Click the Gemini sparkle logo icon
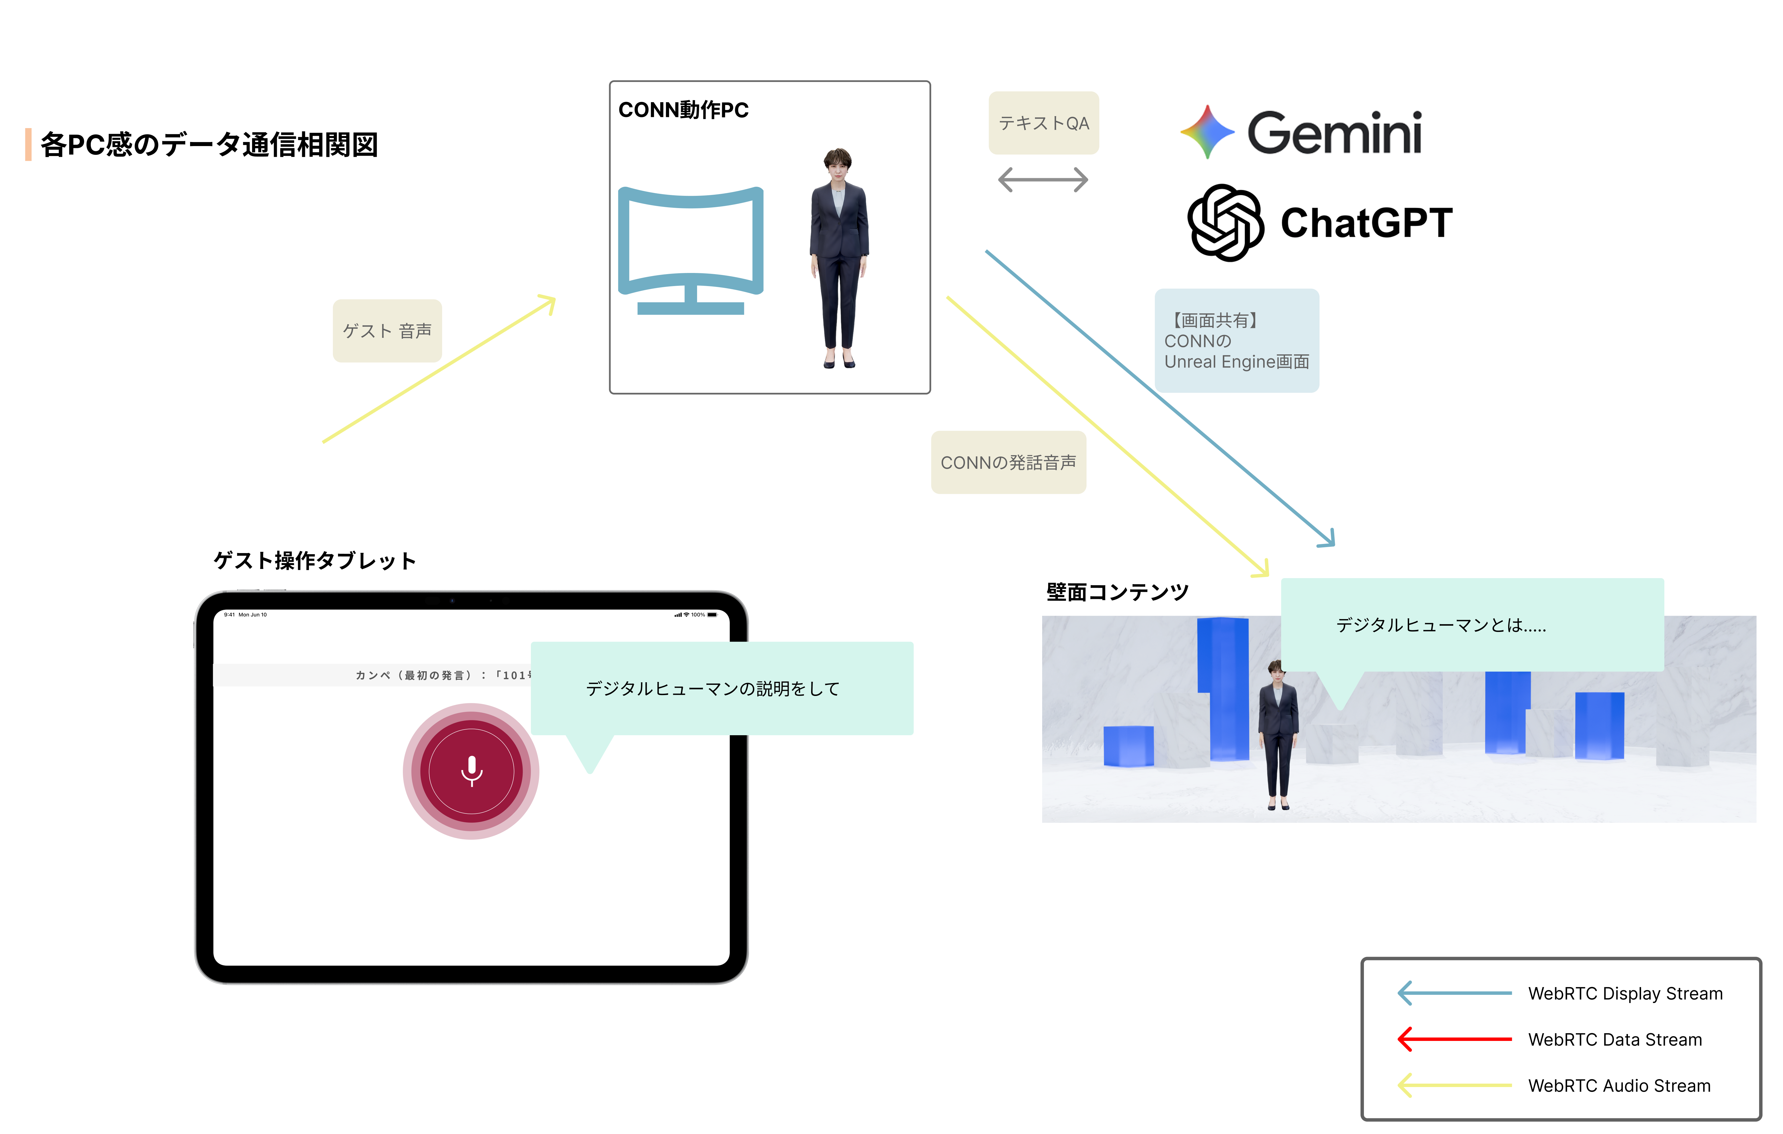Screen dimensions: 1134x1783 (1207, 132)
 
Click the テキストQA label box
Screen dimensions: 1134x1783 (1043, 123)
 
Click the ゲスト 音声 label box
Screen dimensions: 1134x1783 (387, 330)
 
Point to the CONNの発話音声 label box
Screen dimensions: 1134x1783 (1008, 462)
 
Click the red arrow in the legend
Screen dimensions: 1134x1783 (1454, 1039)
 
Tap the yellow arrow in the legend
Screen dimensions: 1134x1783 (1454, 1085)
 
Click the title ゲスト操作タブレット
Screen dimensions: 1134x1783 (315, 561)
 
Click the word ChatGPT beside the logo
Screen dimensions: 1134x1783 (1366, 223)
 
